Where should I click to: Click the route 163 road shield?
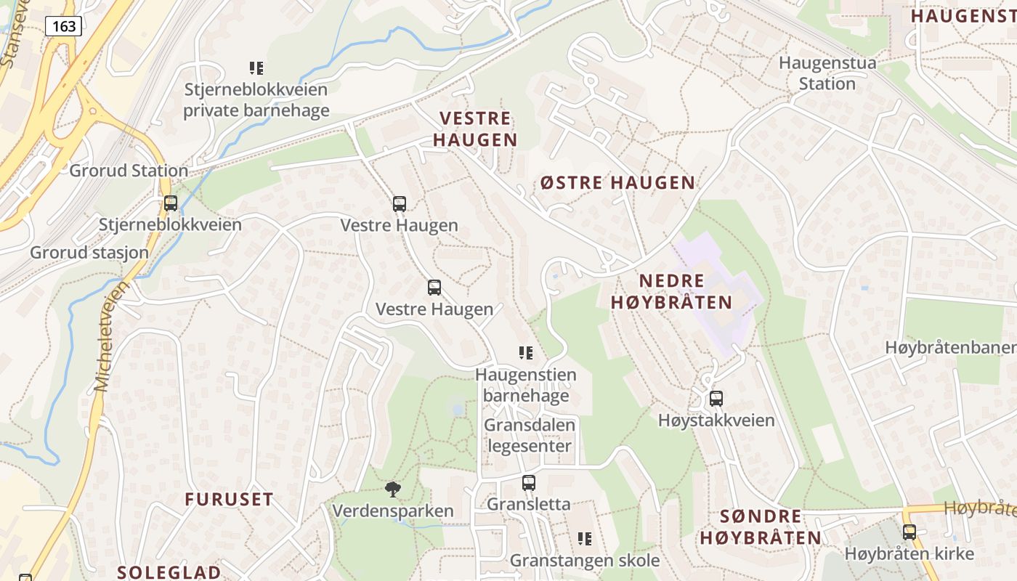(x=63, y=26)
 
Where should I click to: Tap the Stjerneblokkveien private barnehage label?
(x=256, y=100)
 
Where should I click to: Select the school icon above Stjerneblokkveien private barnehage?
(x=256, y=68)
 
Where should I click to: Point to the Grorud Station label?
(x=129, y=171)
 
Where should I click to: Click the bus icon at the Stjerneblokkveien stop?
(x=171, y=203)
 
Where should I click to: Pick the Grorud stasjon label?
(x=89, y=253)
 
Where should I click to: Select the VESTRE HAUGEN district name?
(x=476, y=129)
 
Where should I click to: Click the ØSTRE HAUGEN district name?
(x=617, y=183)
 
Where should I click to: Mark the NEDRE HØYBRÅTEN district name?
(x=671, y=291)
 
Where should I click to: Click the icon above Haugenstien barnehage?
(x=526, y=353)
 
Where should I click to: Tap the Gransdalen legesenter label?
(x=530, y=435)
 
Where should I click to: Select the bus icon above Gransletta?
(x=529, y=482)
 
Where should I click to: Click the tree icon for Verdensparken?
(x=393, y=489)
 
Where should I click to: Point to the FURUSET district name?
(x=229, y=500)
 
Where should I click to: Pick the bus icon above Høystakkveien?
(x=716, y=398)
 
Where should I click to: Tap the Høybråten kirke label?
(x=909, y=553)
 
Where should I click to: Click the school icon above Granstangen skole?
(x=585, y=538)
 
